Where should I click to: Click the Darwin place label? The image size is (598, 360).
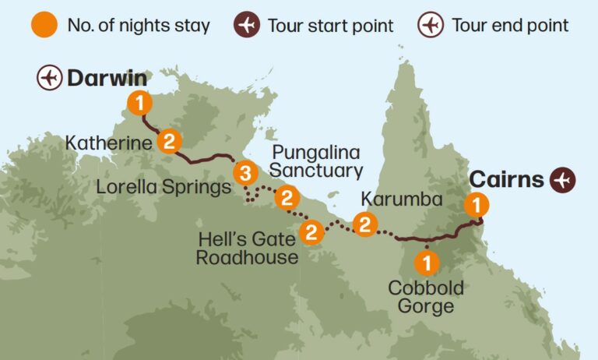tap(107, 78)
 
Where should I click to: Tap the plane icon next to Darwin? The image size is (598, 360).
tap(49, 78)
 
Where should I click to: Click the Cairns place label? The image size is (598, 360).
tap(506, 179)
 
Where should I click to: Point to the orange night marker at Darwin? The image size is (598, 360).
tap(139, 102)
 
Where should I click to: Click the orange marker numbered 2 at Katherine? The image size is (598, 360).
tap(169, 141)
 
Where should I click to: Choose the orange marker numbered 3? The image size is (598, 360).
tap(244, 171)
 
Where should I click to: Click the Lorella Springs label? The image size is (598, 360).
tap(164, 187)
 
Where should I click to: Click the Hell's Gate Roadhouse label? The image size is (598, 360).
tap(247, 248)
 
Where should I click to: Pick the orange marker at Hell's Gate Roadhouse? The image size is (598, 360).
tap(311, 231)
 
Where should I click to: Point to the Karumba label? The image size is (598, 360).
tap(402, 199)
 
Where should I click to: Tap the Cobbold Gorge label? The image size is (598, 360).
tap(426, 297)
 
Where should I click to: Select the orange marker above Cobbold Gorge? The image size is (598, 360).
tap(427, 260)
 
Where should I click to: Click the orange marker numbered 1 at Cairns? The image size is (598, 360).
tap(476, 205)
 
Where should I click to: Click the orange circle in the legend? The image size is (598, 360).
tap(44, 25)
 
